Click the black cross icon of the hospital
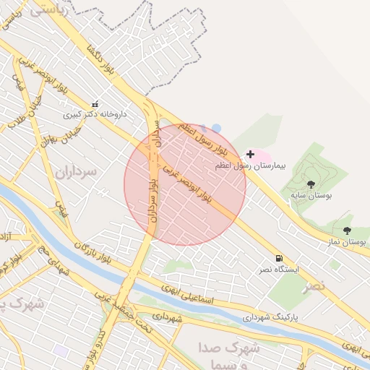[251, 154]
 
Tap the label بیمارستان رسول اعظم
[251, 165]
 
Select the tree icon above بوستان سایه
[311, 185]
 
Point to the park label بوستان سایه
[311, 196]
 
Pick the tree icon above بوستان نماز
[348, 231]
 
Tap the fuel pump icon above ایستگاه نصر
[279, 259]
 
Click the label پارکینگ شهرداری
[269, 317]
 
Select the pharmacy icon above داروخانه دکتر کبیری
[95, 104]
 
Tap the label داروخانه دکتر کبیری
[95, 115]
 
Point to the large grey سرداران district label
[69, 172]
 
